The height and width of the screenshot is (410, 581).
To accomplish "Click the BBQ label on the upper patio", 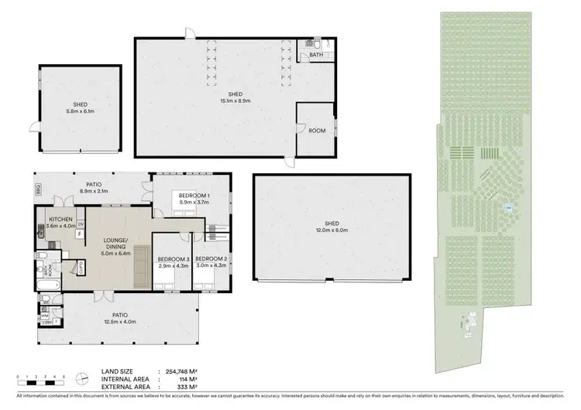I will (36, 188).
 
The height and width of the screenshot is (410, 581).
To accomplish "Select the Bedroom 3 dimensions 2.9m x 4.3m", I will (171, 265).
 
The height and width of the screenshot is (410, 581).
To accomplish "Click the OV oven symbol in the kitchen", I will (80, 224).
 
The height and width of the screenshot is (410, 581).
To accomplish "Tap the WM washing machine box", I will (44, 315).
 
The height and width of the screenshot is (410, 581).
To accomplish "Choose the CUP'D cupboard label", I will (81, 268).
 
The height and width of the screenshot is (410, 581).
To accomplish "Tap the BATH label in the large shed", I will (316, 56).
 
